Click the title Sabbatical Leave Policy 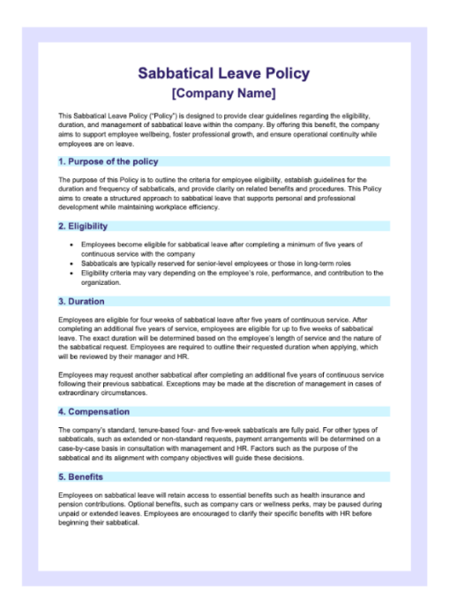pyautogui.click(x=223, y=73)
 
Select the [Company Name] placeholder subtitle pyautogui.click(x=223, y=93)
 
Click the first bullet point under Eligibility pyautogui.click(x=70, y=244)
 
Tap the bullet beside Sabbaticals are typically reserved pyautogui.click(x=70, y=263)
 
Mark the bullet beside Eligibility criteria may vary pyautogui.click(x=70, y=273)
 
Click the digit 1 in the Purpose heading pyautogui.click(x=61, y=161)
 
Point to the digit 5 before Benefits pyautogui.click(x=61, y=477)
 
